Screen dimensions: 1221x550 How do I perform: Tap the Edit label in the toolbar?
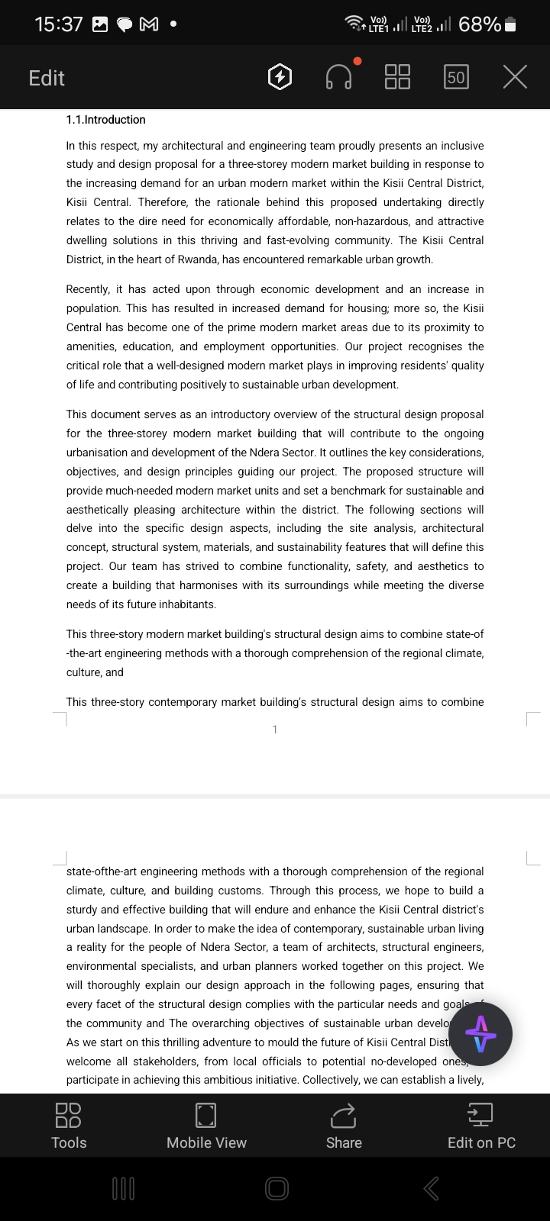(47, 78)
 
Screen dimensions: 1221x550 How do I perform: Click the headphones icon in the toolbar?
(338, 77)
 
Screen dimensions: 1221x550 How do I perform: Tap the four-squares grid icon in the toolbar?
(397, 77)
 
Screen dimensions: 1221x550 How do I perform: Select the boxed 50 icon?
(456, 77)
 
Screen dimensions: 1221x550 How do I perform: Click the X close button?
(515, 77)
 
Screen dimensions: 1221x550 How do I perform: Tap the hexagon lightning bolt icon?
(280, 77)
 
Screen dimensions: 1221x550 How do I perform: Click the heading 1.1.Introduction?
(105, 120)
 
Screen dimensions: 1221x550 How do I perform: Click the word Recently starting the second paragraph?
(87, 289)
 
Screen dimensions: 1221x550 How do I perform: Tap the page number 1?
(275, 730)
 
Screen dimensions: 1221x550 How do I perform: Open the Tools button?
(69, 1126)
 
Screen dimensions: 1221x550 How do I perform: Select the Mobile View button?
(206, 1126)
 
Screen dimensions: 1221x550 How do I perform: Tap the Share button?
(344, 1126)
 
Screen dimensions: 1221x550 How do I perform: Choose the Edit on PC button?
(481, 1126)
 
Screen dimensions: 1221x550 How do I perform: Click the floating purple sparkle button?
(480, 1034)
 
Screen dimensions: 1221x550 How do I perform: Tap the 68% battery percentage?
(480, 24)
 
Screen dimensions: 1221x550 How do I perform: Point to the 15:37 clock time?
(59, 24)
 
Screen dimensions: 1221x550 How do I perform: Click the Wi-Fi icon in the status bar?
(354, 24)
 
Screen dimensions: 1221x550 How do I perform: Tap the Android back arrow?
(432, 1187)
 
